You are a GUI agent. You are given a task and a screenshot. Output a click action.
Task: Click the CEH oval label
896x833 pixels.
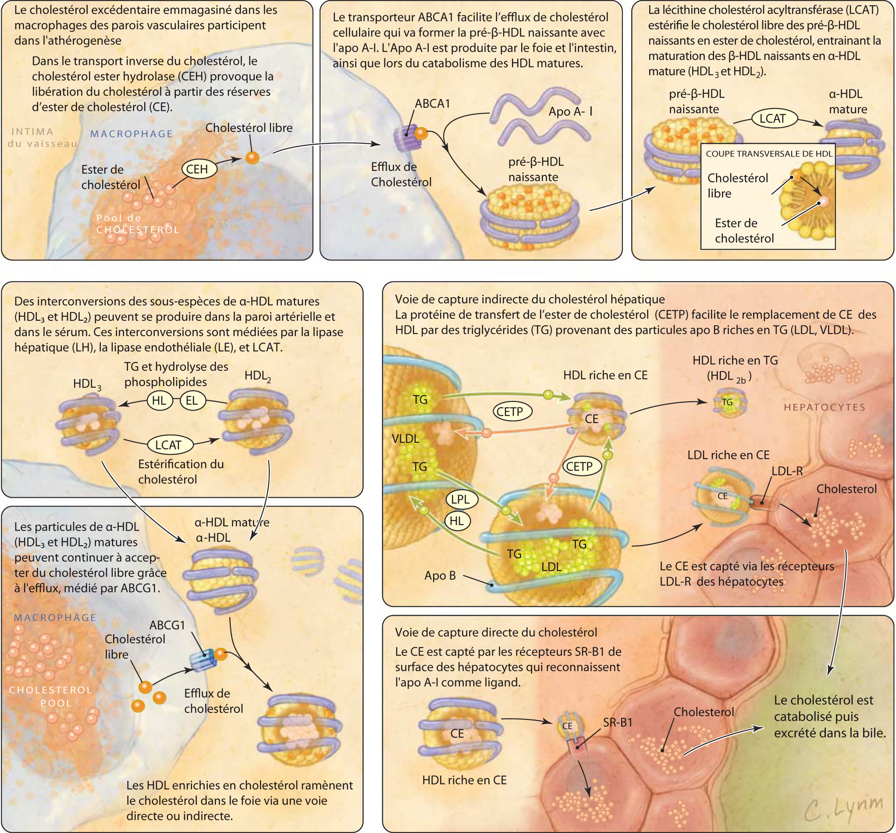[x=198, y=170]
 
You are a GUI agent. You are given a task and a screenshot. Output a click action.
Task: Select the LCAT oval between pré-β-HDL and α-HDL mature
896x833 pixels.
[x=772, y=118]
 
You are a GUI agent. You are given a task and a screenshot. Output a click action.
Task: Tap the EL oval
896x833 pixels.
[x=192, y=400]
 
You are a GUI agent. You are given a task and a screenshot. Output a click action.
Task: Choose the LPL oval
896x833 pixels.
[x=460, y=499]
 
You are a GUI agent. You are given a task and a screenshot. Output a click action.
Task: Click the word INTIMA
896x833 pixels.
[x=32, y=131]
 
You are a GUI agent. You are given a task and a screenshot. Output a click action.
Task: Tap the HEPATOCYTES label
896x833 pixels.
[x=825, y=407]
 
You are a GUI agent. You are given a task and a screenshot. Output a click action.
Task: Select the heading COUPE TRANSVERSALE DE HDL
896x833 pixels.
[x=769, y=154]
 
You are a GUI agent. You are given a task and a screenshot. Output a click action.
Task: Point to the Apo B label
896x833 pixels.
[x=440, y=575]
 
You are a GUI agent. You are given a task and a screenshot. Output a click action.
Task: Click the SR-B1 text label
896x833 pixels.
[x=618, y=722]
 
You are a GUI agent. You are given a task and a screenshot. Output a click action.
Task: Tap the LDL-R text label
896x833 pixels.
[x=787, y=471]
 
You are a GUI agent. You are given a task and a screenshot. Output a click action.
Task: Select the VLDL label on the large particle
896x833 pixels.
[x=405, y=438]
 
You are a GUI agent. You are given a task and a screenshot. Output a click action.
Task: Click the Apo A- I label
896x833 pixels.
[x=570, y=111]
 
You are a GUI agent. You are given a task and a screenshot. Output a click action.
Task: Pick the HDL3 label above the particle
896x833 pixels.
[x=87, y=384]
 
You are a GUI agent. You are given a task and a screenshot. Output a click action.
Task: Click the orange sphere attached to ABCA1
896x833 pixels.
[x=420, y=133]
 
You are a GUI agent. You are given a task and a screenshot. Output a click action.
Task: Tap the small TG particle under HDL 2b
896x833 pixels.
[x=728, y=402]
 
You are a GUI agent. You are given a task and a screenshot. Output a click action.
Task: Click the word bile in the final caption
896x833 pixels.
[x=875, y=733]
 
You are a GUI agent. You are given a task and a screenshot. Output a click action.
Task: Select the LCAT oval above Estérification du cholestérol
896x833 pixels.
[x=168, y=445]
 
